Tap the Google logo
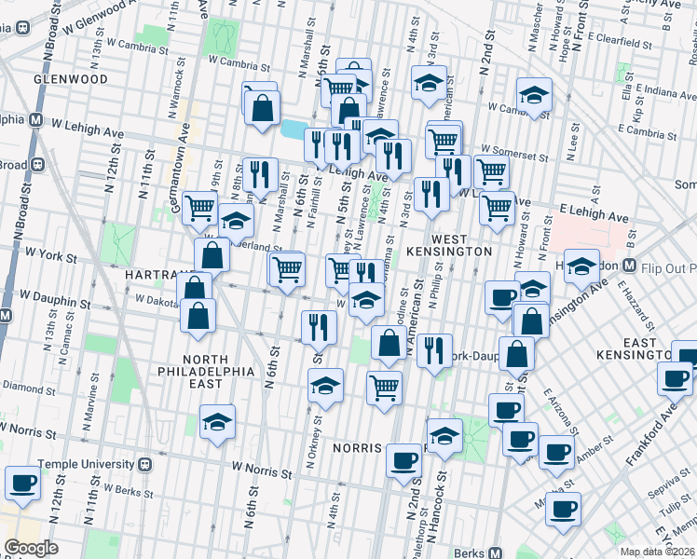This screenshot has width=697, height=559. [31, 548]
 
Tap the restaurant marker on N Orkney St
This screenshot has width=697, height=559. [320, 326]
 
